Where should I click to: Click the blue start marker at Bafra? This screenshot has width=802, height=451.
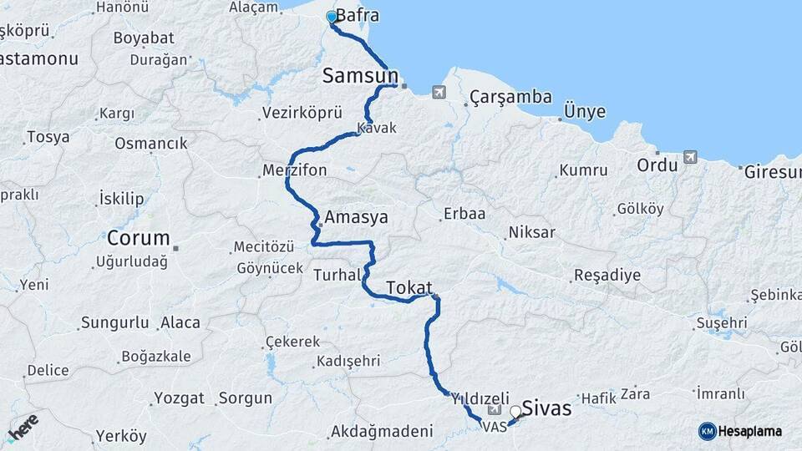(x=332, y=17)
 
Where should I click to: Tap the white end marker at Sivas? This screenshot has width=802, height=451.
(x=515, y=411)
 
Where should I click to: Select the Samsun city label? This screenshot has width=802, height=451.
(x=359, y=77)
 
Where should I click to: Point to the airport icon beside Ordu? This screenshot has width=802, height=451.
(x=689, y=156)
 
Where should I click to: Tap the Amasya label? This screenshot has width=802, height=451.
(x=357, y=217)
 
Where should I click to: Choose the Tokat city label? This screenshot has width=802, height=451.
(x=409, y=288)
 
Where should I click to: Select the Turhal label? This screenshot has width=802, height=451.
(x=337, y=274)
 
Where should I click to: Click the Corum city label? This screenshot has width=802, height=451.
(x=138, y=237)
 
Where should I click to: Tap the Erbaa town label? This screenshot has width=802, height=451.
(x=464, y=214)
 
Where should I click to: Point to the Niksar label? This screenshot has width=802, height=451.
(x=531, y=232)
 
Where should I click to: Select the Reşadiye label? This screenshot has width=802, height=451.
(x=607, y=275)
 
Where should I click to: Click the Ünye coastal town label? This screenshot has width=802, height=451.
(x=584, y=112)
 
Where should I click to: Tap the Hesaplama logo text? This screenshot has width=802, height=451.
(x=750, y=431)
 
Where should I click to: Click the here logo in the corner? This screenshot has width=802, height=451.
(x=23, y=427)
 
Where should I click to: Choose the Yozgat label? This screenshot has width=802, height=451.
(x=180, y=398)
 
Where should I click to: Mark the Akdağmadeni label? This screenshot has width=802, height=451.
(x=382, y=432)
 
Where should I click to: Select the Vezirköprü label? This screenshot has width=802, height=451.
(x=302, y=112)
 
